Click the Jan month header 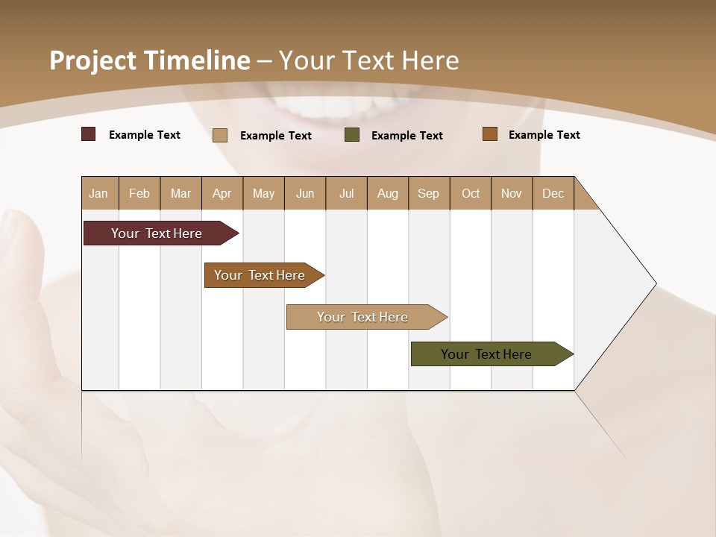pos(98,193)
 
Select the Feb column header pos(139,193)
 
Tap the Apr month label pos(222,193)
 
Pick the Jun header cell pos(305,193)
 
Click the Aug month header pos(388,193)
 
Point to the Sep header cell pos(428,193)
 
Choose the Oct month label pos(471,193)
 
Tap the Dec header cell pos(553,193)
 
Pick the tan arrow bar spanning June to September pos(363,317)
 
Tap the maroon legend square pos(89,134)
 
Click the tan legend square pos(220,135)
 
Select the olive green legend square pos(352,135)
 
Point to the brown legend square pos(490,134)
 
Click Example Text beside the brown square pos(544,135)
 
